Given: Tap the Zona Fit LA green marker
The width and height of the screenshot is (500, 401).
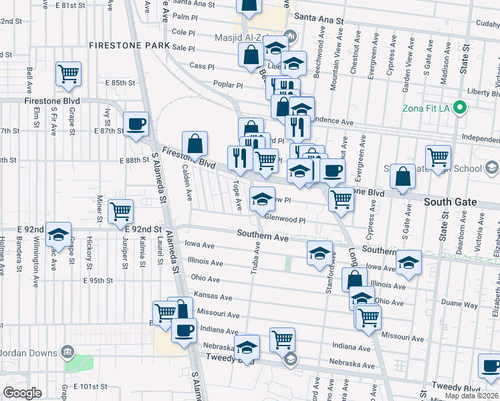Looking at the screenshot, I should [x=459, y=108].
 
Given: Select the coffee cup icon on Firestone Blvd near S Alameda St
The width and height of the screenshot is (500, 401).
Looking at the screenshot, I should [x=136, y=124].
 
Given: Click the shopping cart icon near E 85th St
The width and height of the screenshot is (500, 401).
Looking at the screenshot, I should [x=68, y=74].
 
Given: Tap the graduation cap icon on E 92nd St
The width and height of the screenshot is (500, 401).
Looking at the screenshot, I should [x=59, y=234].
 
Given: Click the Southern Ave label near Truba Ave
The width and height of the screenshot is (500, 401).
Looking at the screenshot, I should [x=263, y=236].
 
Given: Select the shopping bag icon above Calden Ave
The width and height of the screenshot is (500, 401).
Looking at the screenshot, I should [x=195, y=144].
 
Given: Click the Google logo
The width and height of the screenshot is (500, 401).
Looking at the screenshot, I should [x=22, y=393].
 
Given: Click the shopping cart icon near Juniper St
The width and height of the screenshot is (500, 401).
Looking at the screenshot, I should [x=121, y=211].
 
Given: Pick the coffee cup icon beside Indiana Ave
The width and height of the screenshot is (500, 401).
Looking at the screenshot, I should [x=184, y=329].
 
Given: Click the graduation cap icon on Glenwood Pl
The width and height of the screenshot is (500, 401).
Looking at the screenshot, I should [x=262, y=198].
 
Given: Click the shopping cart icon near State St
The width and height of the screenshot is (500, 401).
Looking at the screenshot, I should [x=438, y=157].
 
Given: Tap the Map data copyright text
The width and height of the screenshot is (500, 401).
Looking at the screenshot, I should [x=471, y=396].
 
